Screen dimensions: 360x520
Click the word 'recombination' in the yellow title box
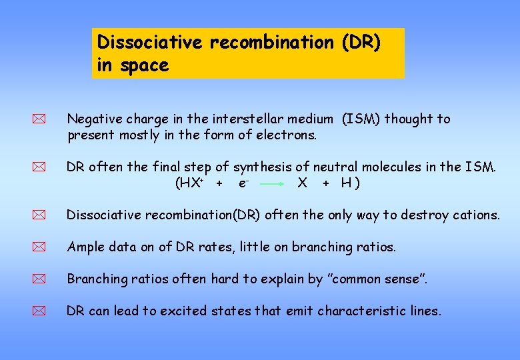[271, 42]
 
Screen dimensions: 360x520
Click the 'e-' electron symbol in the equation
[243, 183]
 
